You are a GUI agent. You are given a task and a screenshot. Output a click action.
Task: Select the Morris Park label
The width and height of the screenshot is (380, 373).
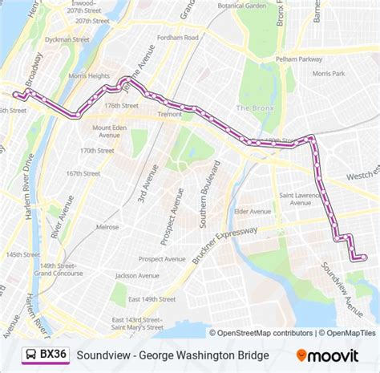328,73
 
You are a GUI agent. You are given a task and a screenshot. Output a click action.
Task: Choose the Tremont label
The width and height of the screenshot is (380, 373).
169,115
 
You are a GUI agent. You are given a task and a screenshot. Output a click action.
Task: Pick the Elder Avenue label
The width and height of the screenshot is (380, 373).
252,212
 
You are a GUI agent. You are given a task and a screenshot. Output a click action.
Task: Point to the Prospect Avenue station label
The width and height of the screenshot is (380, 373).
163,259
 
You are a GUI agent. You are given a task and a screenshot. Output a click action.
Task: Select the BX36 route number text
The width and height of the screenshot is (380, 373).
54,354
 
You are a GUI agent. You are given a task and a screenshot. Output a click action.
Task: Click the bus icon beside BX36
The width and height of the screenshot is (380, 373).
28,354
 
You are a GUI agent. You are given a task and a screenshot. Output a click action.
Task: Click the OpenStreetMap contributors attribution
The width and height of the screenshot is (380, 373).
263,333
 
